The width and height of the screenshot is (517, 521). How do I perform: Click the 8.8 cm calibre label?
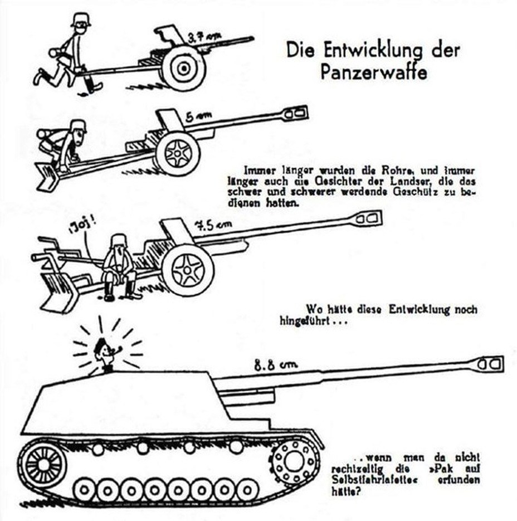[x=276, y=365]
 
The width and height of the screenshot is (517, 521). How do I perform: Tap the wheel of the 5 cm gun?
[x=178, y=153]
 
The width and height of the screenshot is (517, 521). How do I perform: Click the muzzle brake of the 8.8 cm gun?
[x=490, y=364]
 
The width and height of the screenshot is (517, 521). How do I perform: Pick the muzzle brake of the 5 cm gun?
[x=295, y=113]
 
